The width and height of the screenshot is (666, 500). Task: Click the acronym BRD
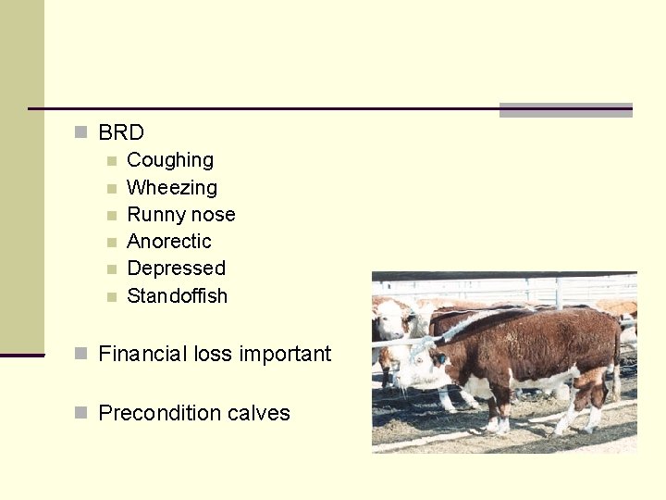tap(121, 132)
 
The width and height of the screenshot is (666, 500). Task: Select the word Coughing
tap(169, 160)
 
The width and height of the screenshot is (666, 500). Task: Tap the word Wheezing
tap(171, 188)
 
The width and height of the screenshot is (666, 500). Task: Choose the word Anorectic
tap(168, 242)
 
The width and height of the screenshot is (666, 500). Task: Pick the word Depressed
tap(176, 269)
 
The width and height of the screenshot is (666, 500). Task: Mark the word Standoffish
tap(177, 296)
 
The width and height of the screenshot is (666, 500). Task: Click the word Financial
tap(142, 354)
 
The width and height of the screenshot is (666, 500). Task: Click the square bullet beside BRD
tap(81, 132)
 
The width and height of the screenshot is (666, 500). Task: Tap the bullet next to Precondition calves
tap(81, 412)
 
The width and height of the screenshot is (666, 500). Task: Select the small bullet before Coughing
tap(111, 161)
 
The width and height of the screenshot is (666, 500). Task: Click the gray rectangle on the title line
tap(565, 110)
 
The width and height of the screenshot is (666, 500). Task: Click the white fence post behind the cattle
tap(559, 293)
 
